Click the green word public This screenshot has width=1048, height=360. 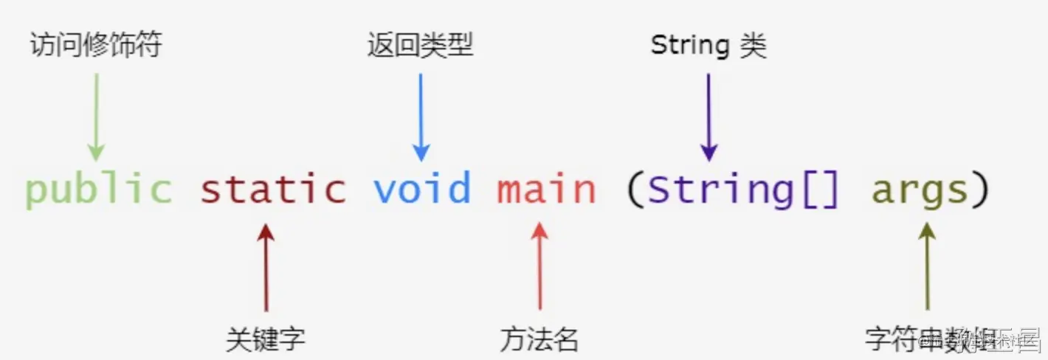pyautogui.click(x=98, y=190)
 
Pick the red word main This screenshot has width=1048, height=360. pyautogui.click(x=546, y=190)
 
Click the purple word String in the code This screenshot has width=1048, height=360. pyautogui.click(x=721, y=190)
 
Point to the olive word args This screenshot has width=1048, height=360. pyautogui.click(x=920, y=191)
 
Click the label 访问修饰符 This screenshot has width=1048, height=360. pyautogui.click(x=95, y=46)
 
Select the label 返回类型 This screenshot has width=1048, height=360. pyautogui.click(x=420, y=46)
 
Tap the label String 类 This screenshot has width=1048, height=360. pyautogui.click(x=709, y=46)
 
